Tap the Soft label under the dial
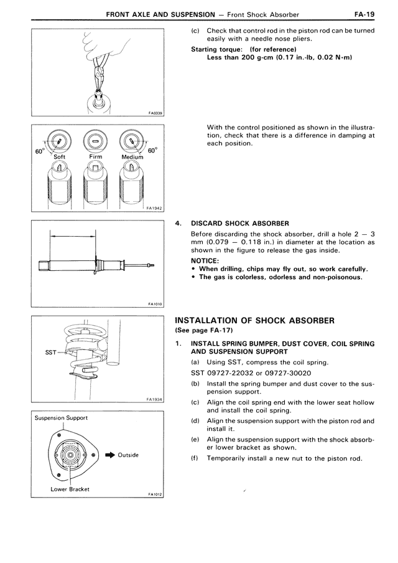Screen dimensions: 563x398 59,157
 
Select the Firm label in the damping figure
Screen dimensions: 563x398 96,157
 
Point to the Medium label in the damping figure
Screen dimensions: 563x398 131,157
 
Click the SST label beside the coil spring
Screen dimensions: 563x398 52,352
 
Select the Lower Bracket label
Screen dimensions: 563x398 70,489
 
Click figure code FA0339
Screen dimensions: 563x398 155,113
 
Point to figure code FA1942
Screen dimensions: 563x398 154,209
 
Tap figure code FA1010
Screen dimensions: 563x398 155,305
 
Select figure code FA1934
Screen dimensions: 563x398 154,400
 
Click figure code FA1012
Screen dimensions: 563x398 155,494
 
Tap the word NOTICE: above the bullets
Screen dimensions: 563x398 205,260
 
